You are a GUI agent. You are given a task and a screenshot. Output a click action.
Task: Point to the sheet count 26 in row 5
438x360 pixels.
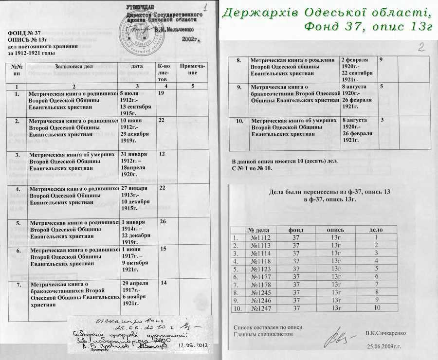(163, 222)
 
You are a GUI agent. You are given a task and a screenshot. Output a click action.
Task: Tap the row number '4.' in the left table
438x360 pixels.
(18, 189)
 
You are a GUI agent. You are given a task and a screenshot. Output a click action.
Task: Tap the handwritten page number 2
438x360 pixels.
(421, 47)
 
